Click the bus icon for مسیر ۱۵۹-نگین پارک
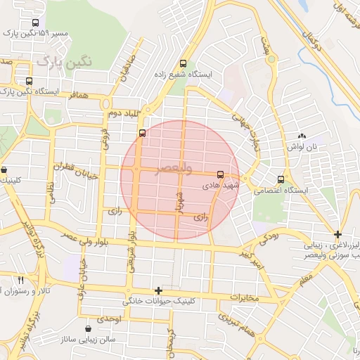35,22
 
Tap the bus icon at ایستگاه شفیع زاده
184,62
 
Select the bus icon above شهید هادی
220,174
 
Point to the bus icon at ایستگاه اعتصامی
282,180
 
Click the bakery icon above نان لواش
302,135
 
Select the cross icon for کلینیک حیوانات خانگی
158,290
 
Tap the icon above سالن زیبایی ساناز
88,328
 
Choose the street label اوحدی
110,319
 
